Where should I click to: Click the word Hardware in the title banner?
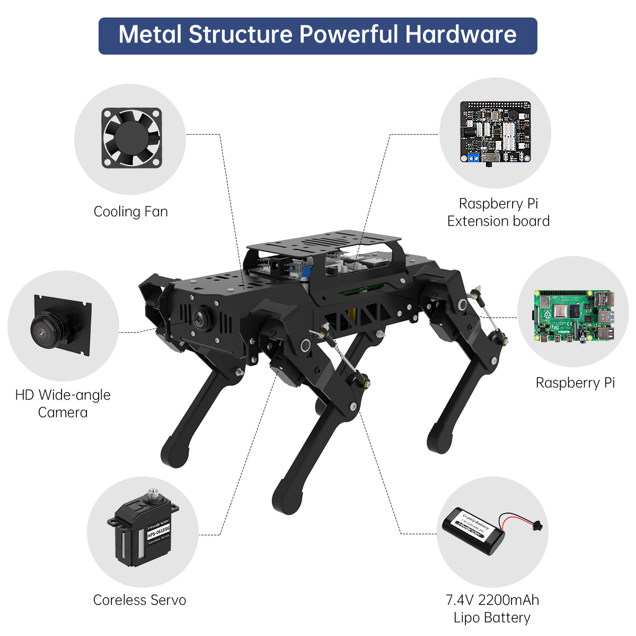pyautogui.click(x=461, y=35)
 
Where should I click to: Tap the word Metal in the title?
pyautogui.click(x=151, y=35)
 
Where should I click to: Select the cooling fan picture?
pyautogui.click(x=131, y=138)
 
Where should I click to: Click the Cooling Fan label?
pyautogui.click(x=131, y=211)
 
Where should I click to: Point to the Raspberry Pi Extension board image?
pyautogui.click(x=495, y=132)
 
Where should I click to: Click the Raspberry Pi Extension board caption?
pyautogui.click(x=498, y=213)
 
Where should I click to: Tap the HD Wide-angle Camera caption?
pyautogui.click(x=63, y=403)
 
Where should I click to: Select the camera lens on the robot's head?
pyautogui.click(x=200, y=318)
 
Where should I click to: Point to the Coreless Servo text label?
pyautogui.click(x=139, y=600)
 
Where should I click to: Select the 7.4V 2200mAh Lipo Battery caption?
pyautogui.click(x=492, y=608)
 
